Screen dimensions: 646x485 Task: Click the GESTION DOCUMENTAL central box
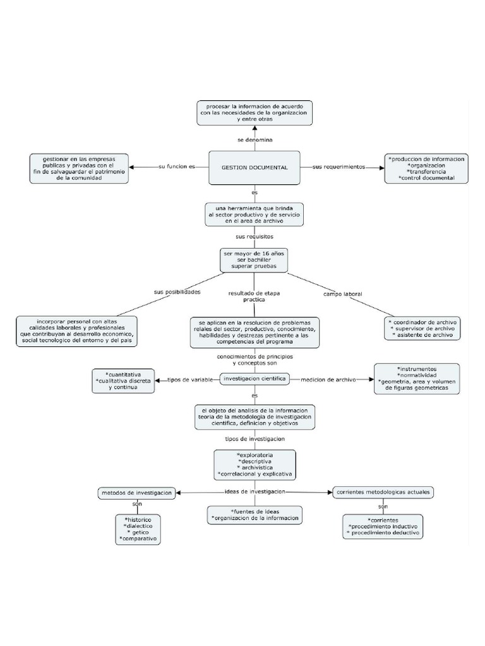[x=254, y=168]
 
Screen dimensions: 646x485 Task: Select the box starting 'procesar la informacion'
[x=254, y=112]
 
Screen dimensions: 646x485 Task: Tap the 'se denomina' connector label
[x=254, y=139]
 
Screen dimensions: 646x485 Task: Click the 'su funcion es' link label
[x=176, y=167]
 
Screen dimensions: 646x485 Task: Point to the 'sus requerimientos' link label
[x=339, y=167]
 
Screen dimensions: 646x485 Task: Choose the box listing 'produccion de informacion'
[x=427, y=168]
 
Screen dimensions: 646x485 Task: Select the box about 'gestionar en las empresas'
[x=79, y=168]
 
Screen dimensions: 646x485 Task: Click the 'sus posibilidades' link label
[x=177, y=292]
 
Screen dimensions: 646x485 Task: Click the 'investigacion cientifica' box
[x=254, y=379]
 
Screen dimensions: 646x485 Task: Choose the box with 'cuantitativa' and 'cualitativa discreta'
[x=123, y=380]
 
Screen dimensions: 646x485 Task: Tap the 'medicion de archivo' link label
[x=328, y=380]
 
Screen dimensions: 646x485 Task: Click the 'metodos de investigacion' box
[x=136, y=492]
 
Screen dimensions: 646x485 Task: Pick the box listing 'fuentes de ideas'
[x=254, y=515]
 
